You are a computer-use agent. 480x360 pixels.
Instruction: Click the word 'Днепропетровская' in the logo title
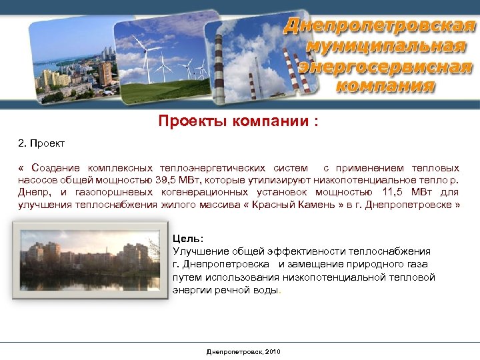point(379,27)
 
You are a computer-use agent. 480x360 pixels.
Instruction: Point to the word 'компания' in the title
point(385,86)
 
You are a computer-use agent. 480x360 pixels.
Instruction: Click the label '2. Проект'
point(41,143)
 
